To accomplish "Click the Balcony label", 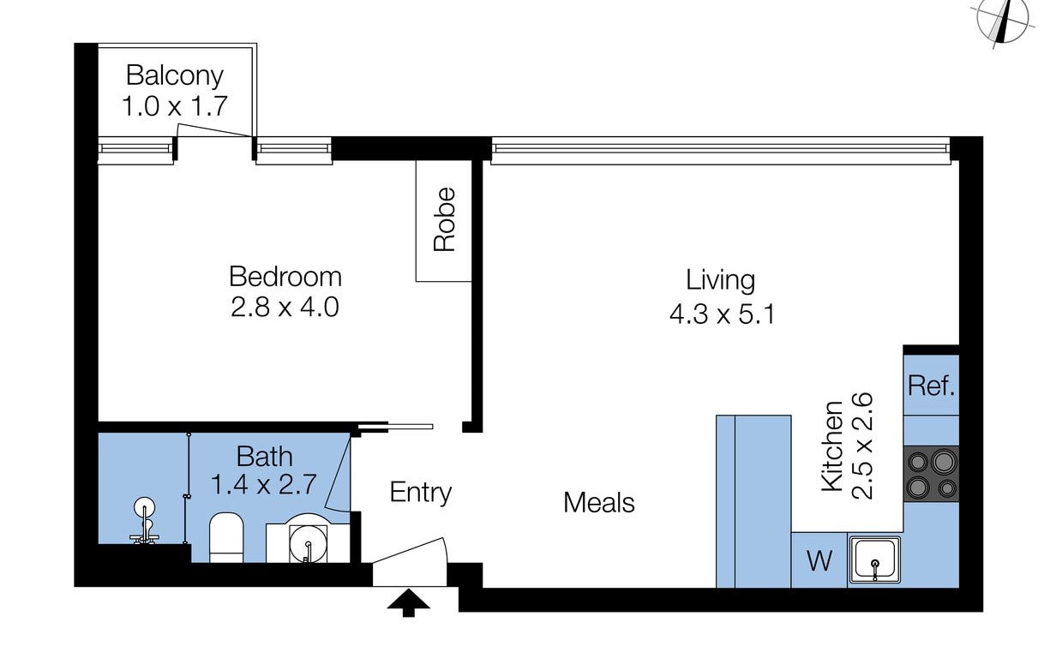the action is click(175, 76).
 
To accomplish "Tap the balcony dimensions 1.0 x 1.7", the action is click(175, 106).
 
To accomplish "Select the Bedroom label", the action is click(285, 277).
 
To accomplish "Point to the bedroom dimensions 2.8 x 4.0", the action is click(285, 308).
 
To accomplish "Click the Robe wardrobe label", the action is click(444, 219).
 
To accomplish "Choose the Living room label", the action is click(720, 280).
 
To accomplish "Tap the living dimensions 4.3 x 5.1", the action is click(722, 314).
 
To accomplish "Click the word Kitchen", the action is click(831, 446).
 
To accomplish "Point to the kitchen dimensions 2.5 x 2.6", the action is click(862, 446).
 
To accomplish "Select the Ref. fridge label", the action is click(931, 386).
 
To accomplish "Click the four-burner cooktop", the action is click(932, 474).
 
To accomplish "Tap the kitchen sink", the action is click(875, 560).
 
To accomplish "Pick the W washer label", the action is click(819, 560).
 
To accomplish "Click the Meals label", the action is click(598, 502).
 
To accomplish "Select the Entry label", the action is click(421, 493).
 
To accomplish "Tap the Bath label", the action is click(265, 457).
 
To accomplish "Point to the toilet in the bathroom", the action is click(225, 537).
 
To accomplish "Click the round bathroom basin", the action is click(308, 544).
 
